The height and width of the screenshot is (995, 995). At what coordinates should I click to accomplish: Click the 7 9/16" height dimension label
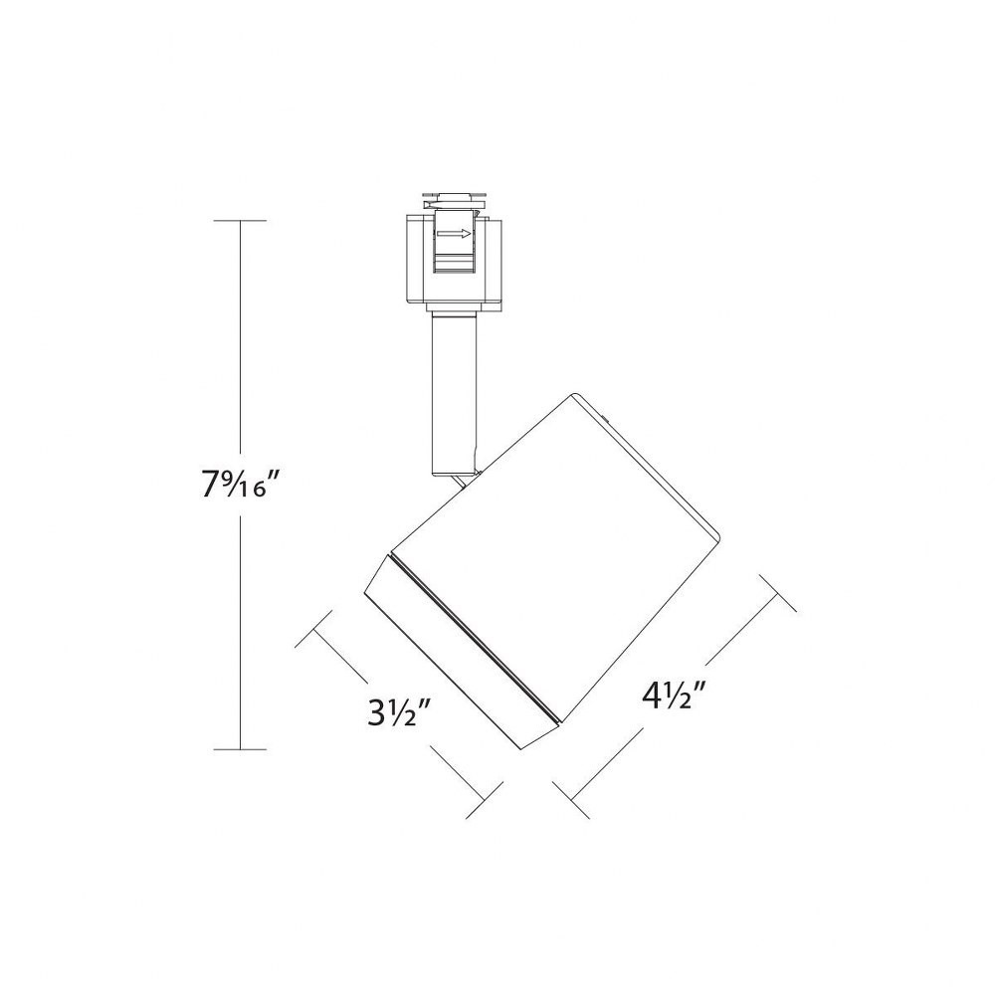(241, 486)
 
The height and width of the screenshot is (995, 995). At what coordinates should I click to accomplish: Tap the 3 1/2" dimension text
(400, 712)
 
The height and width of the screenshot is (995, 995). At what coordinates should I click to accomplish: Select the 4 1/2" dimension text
(676, 696)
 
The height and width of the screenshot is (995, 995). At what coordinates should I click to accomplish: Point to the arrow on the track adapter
(455, 234)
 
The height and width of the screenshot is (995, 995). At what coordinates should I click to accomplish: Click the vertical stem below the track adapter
(454, 393)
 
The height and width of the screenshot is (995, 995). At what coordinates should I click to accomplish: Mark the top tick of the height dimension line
(240, 220)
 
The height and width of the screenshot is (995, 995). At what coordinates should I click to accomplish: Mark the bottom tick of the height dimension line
(240, 749)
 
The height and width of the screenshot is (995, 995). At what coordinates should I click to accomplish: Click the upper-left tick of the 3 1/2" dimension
(313, 629)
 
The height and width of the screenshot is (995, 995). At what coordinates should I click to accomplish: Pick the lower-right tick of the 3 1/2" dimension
(485, 800)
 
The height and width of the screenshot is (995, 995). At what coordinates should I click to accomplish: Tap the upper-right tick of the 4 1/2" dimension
(778, 593)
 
